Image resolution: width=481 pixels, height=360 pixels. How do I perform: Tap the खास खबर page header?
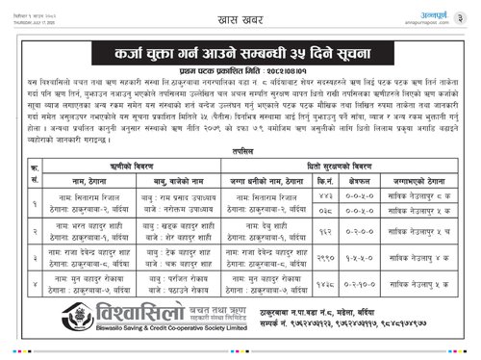[x=240, y=13]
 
